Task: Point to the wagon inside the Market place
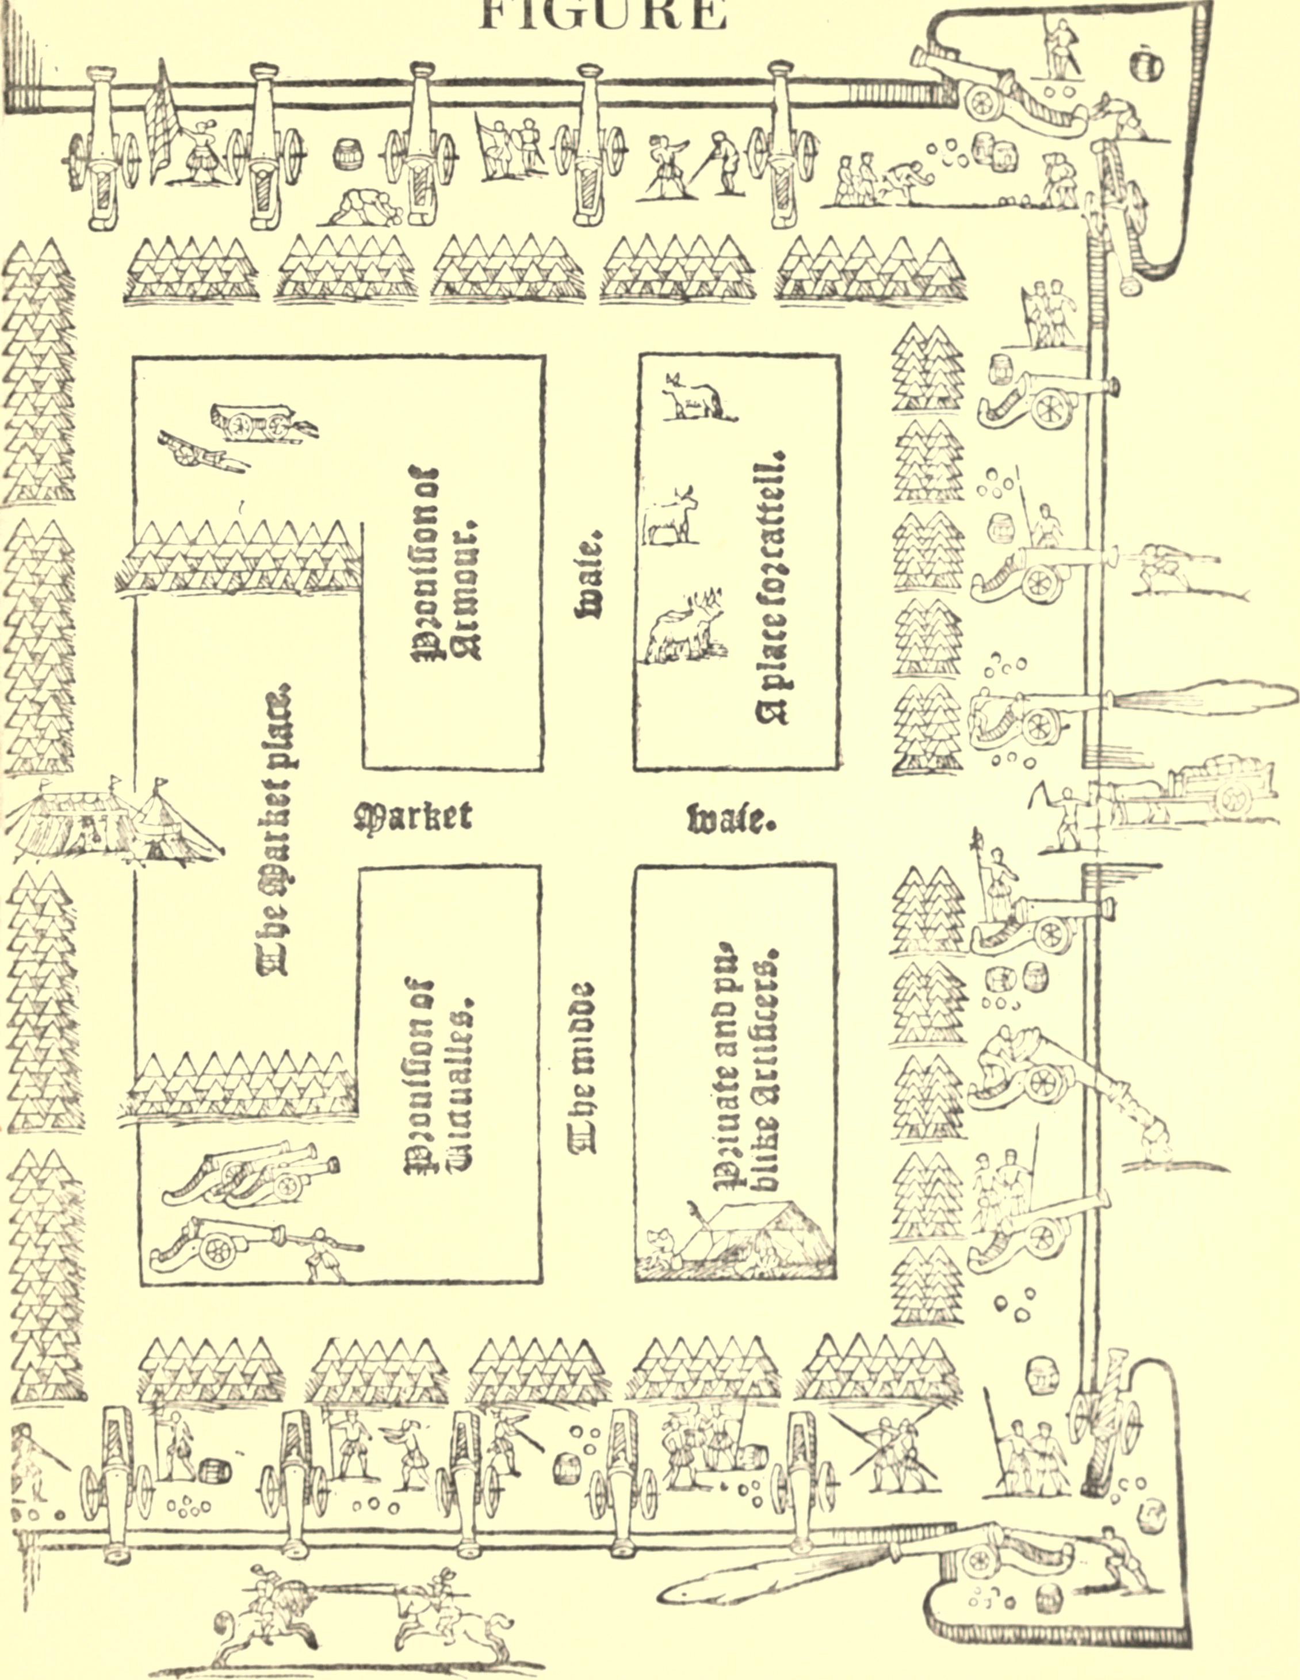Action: [254, 422]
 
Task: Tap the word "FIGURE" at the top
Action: [602, 16]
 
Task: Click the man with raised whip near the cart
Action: [1065, 819]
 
